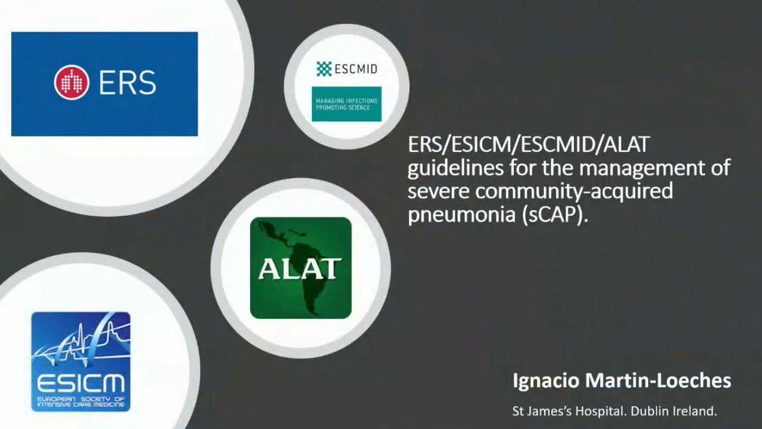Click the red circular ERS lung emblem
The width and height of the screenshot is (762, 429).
click(x=72, y=82)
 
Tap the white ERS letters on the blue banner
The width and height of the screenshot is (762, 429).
click(x=127, y=83)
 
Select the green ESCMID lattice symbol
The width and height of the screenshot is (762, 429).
click(x=324, y=69)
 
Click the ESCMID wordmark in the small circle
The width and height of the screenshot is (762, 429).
click(x=356, y=69)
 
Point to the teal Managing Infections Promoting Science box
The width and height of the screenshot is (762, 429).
click(x=346, y=104)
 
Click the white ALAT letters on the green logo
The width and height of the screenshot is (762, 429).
click(x=300, y=269)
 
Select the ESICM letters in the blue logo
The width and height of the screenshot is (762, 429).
click(x=81, y=383)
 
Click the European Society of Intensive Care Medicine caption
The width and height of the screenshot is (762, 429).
click(x=80, y=402)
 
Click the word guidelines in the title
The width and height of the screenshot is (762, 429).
click(x=455, y=168)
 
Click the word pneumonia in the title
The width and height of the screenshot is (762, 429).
click(x=461, y=215)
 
